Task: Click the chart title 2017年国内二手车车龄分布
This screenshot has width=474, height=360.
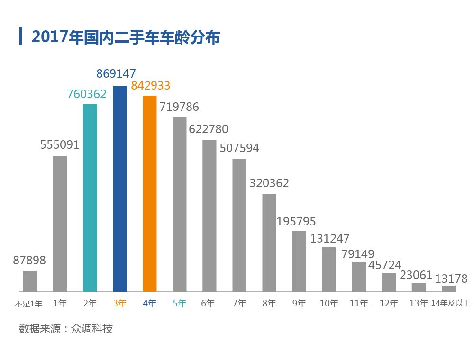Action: click(126, 37)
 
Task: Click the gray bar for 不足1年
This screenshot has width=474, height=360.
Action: click(30, 281)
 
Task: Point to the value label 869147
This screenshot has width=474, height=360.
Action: click(116, 73)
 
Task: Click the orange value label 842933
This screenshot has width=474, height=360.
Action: click(150, 86)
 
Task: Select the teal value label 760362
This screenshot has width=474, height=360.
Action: click(86, 94)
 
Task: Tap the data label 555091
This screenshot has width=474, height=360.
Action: click(60, 145)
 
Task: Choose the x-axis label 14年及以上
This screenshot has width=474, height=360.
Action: click(451, 304)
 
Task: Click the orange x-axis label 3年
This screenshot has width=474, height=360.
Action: click(120, 304)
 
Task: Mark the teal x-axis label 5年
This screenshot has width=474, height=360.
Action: click(180, 304)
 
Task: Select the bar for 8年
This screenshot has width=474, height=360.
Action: click(269, 242)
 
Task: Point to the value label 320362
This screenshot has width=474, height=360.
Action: click(269, 183)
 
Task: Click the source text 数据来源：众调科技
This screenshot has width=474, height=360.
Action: click(66, 329)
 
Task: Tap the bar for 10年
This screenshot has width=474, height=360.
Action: click(329, 269)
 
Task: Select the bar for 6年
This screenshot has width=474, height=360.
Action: click(210, 216)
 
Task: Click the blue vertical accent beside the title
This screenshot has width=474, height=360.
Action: click(20, 36)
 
